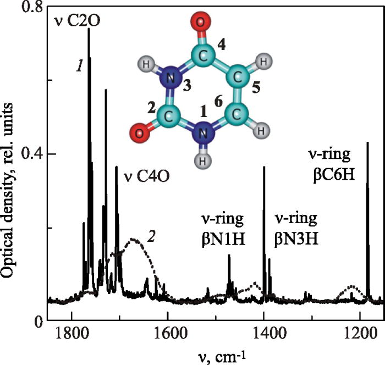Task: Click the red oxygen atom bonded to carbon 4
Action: pyautogui.click(x=201, y=23)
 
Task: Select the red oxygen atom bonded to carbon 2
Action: pyautogui.click(x=140, y=132)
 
